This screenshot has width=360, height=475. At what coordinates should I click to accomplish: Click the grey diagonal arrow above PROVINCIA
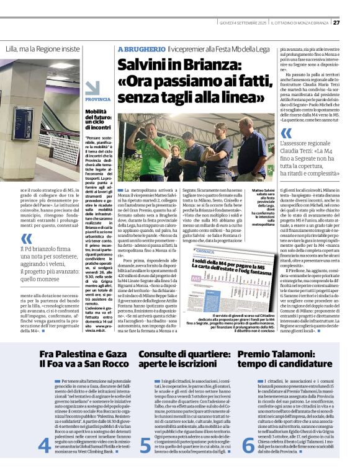92,88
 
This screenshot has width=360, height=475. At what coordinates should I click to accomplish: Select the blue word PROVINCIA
98,99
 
